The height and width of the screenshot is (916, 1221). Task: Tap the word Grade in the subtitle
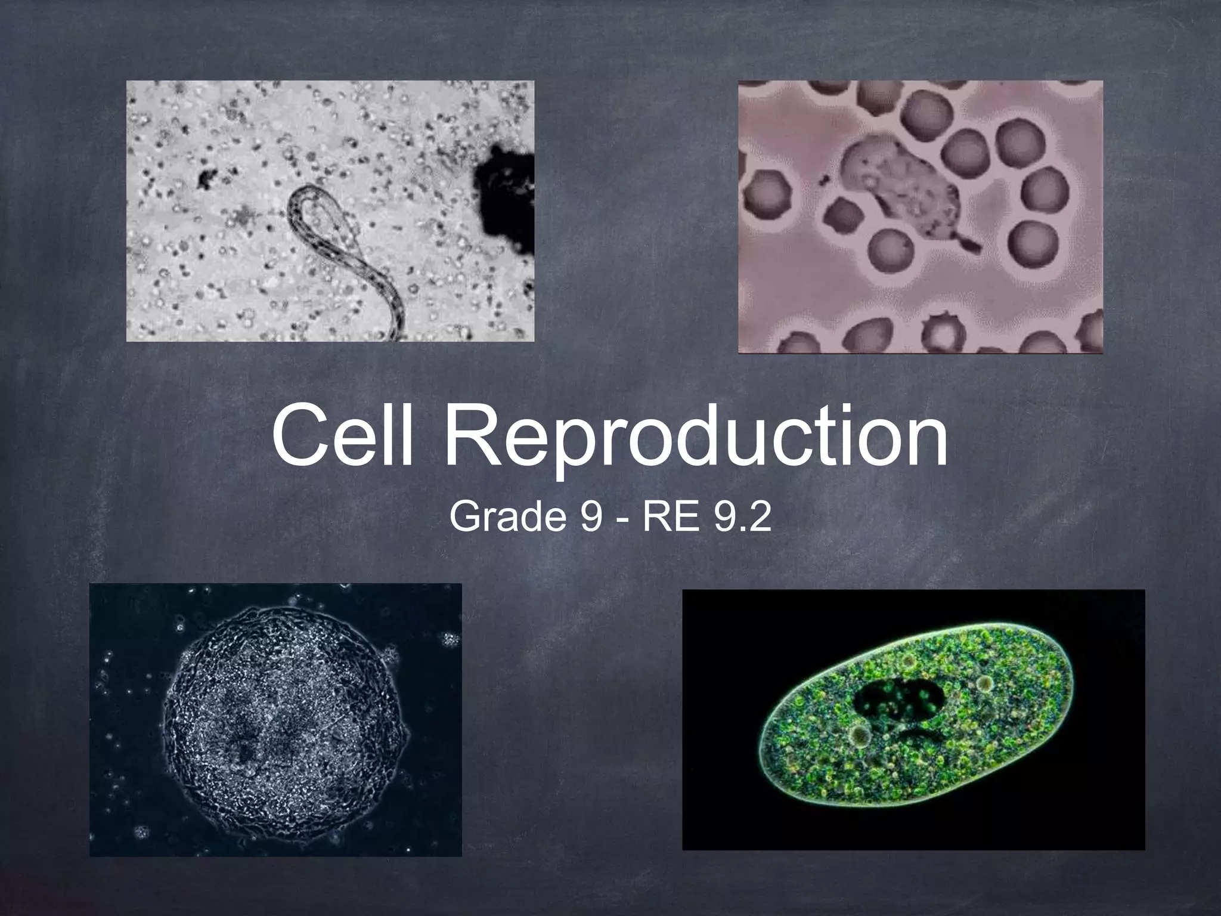[507, 516]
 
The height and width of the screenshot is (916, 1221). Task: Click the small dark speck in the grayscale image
[207, 177]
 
